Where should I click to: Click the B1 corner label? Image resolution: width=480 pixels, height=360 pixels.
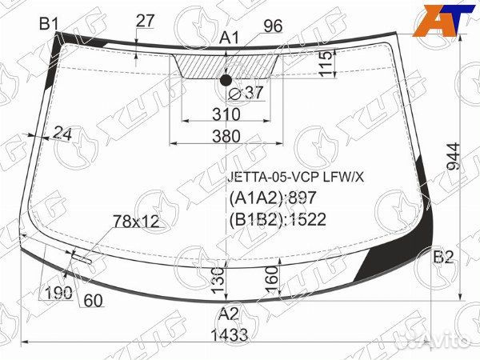pyautogui.click(x=49, y=24)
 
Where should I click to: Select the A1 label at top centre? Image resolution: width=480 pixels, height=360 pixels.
pyautogui.click(x=230, y=38)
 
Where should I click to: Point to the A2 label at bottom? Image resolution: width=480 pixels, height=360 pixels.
pyautogui.click(x=229, y=313)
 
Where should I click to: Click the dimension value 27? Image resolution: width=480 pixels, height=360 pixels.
pyautogui.click(x=145, y=22)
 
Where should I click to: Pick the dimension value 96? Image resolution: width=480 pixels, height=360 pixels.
pyautogui.click(x=272, y=26)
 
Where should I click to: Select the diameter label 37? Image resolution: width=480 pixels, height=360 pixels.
pyautogui.click(x=246, y=93)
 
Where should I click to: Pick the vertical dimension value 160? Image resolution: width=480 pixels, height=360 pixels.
pyautogui.click(x=273, y=279)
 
